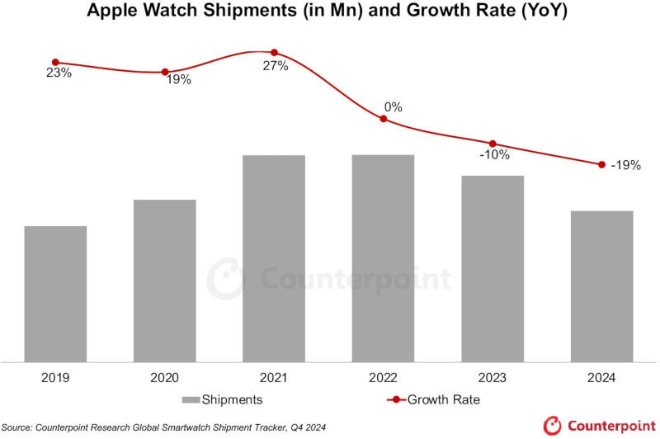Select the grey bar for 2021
[x=274, y=257]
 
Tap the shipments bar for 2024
[x=601, y=286]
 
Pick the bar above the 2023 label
[x=493, y=267]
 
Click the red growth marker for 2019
[x=55, y=62]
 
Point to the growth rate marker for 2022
[x=383, y=119]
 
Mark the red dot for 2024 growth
[x=601, y=164]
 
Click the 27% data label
[x=275, y=67]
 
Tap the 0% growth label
[x=393, y=106]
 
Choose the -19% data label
[x=625, y=165]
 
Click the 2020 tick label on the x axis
[x=164, y=378]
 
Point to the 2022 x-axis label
[x=383, y=378]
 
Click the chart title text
[x=330, y=12]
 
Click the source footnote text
[x=165, y=426]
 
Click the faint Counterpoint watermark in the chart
[x=330, y=279]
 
